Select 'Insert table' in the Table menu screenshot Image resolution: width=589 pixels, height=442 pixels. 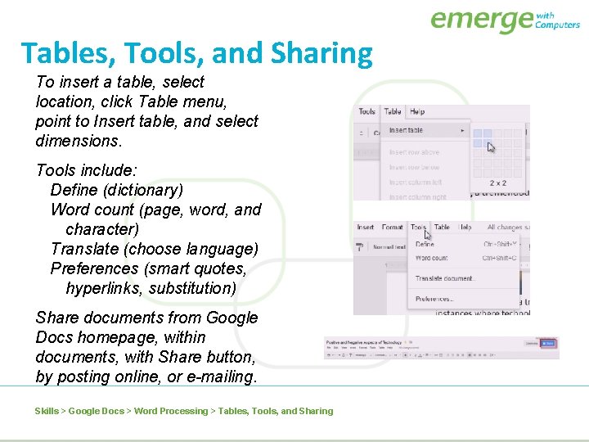click(x=406, y=131)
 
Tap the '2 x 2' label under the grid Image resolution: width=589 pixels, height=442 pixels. click(x=497, y=183)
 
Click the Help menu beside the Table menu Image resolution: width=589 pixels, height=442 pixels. click(x=417, y=111)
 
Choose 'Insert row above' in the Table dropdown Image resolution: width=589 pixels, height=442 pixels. click(x=414, y=152)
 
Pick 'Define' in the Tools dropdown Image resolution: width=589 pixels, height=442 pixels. click(x=425, y=244)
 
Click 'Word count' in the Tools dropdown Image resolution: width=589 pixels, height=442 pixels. click(x=431, y=258)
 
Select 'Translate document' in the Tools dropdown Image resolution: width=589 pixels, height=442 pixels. click(x=443, y=278)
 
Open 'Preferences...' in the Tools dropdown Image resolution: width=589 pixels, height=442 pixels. click(x=434, y=299)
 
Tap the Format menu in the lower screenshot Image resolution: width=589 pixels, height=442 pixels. click(x=393, y=227)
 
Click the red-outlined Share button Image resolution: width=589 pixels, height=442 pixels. click(x=549, y=344)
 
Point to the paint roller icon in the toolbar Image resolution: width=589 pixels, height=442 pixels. click(x=359, y=246)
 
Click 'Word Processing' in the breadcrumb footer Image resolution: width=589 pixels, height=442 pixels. click(x=171, y=411)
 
